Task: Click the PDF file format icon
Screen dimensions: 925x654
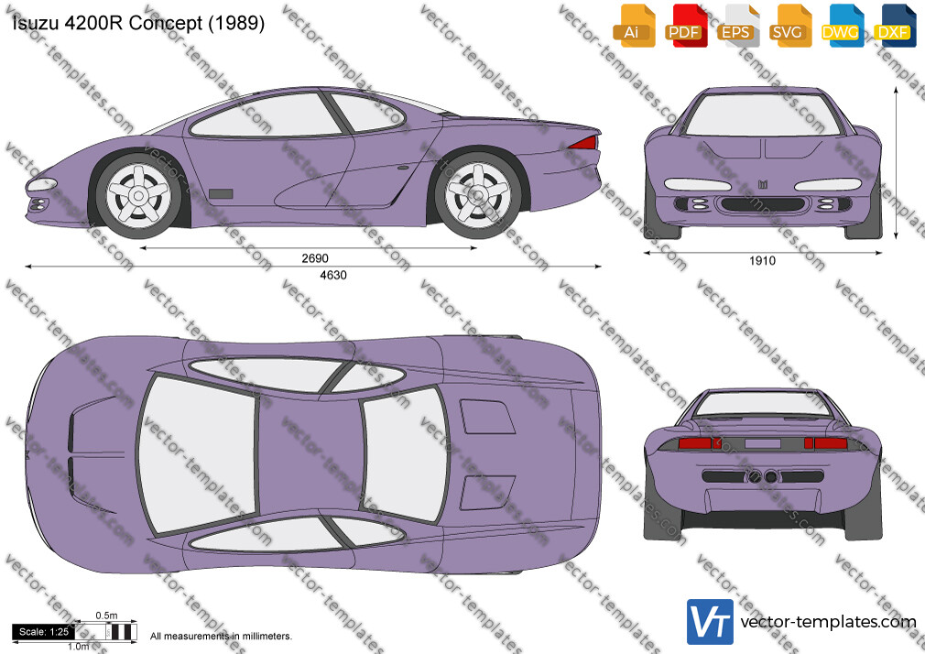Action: point(684,26)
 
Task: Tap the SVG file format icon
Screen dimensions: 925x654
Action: point(789,26)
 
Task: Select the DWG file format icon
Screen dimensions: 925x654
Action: point(842,26)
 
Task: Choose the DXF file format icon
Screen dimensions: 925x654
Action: point(894,26)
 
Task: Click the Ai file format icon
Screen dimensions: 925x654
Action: point(633,26)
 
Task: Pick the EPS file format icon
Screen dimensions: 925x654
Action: point(737,26)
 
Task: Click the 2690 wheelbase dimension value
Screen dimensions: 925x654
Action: point(315,258)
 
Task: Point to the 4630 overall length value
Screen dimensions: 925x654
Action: point(333,275)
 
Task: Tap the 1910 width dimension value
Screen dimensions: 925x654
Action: point(762,261)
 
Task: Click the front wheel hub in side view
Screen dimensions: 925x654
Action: point(138,195)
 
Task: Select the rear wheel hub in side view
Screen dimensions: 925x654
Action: point(478,194)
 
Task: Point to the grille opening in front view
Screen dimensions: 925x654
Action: point(762,205)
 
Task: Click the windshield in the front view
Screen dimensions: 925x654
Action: point(763,114)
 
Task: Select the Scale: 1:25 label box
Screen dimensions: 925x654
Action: point(44,632)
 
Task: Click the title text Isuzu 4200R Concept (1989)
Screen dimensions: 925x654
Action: point(138,23)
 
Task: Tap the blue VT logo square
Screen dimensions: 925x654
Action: point(711,622)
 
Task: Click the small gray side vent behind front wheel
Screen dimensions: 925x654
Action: point(222,193)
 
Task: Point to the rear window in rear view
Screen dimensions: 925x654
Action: point(762,404)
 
